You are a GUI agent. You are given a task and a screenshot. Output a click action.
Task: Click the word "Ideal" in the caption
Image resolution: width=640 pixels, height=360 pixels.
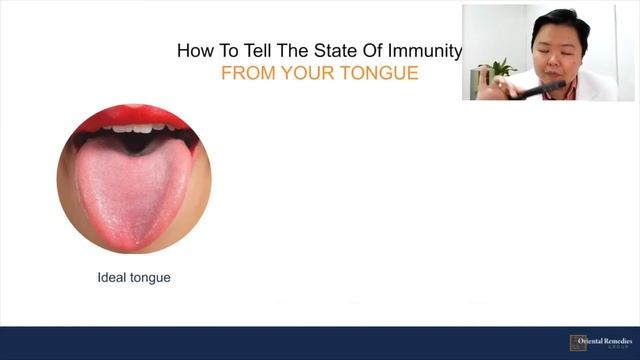coord(112,277)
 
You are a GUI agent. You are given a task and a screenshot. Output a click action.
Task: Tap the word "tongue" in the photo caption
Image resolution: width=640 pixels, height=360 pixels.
coord(150,278)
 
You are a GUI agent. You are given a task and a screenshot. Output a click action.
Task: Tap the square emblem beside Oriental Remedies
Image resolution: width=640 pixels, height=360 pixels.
coord(578,343)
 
